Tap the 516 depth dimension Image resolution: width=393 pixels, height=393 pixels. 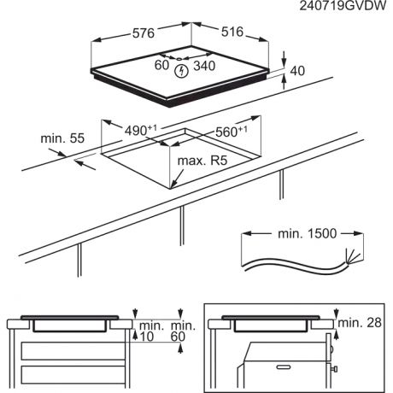click(x=233, y=33)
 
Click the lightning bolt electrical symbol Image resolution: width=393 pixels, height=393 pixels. click(x=180, y=71)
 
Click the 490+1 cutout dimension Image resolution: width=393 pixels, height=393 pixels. click(x=140, y=130)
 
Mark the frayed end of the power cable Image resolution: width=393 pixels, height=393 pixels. click(x=348, y=255)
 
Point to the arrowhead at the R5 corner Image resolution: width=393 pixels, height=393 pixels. click(x=173, y=184)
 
